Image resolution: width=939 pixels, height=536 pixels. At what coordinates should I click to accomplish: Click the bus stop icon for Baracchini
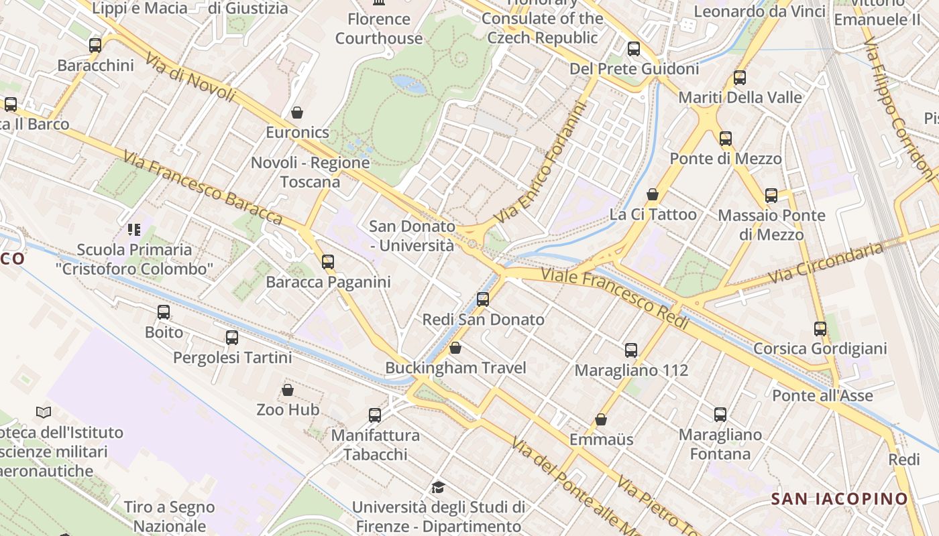coord(95,46)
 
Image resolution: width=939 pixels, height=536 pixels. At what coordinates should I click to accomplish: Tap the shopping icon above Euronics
coord(297,113)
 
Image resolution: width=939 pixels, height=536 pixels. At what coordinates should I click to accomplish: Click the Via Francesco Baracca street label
coord(202,187)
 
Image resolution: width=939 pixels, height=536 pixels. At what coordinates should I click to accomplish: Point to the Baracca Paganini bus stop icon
coord(328,262)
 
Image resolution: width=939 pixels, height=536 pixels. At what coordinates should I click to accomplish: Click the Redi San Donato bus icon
coord(483,299)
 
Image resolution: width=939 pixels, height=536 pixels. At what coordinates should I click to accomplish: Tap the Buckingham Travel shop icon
coord(455,348)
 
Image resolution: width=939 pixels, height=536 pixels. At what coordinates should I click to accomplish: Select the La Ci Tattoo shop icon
coord(653,194)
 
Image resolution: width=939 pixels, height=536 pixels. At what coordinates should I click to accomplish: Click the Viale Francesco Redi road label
coord(615,297)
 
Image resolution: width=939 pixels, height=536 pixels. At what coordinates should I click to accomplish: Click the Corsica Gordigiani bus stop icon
coord(820,329)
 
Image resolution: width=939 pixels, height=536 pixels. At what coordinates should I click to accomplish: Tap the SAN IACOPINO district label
coord(839,498)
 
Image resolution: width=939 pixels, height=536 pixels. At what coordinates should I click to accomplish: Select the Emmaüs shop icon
coord(602,419)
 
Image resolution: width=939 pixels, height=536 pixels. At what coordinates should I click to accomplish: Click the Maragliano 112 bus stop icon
coord(631,350)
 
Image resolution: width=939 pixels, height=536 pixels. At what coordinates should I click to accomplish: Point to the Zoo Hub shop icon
coord(288,389)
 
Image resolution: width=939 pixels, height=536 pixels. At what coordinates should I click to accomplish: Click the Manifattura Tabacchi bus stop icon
coord(375,415)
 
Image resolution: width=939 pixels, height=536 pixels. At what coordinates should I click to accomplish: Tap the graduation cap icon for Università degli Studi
coord(438,487)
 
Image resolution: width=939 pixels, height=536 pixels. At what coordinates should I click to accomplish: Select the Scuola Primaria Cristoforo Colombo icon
coord(134,230)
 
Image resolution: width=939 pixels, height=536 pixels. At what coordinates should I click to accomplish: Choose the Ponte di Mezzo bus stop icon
coord(726,139)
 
